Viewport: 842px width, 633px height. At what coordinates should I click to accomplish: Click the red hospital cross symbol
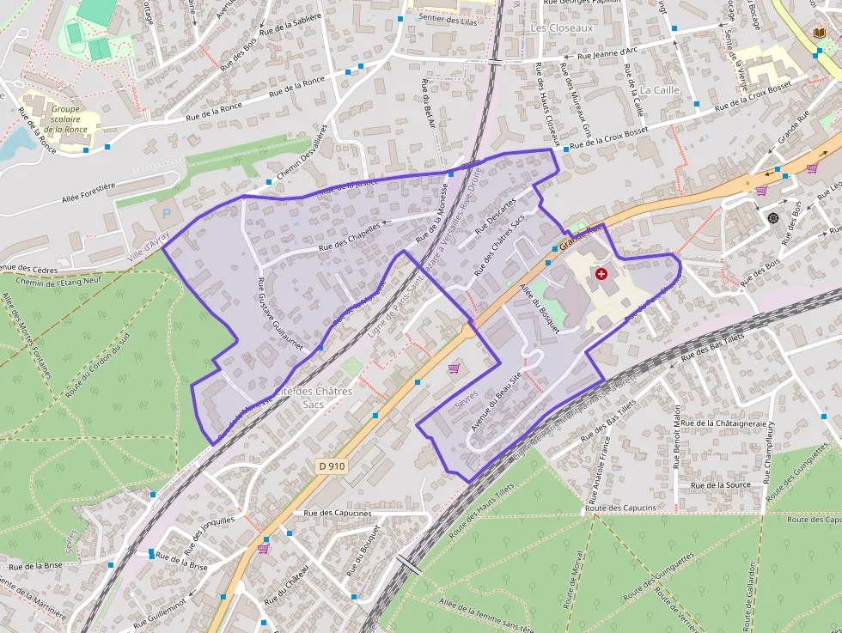pos(601,273)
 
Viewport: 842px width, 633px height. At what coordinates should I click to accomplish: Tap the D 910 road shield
pos(332,466)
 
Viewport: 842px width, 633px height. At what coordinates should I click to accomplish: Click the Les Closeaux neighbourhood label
pos(562,27)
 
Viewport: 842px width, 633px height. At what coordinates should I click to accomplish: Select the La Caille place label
pos(660,89)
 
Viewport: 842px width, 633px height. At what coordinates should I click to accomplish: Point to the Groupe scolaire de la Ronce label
pos(65,119)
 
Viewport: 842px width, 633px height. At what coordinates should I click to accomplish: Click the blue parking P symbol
pos(168,210)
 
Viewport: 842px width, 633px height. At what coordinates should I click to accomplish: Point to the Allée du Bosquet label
pos(539,311)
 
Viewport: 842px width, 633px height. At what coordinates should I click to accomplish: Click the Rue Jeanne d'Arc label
pos(607,52)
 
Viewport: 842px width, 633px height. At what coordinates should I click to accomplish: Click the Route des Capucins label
pos(620,508)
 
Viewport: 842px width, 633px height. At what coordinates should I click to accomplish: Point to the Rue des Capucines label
pos(338,513)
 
